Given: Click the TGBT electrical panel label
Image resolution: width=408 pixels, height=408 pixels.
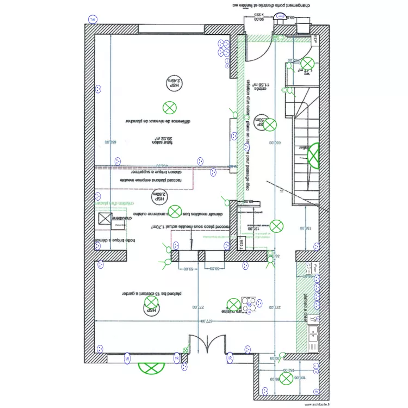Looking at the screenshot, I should [241, 244].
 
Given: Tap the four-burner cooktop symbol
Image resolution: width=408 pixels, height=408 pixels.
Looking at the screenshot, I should [250, 305].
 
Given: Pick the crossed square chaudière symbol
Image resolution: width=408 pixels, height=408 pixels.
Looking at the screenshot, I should [104, 219].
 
